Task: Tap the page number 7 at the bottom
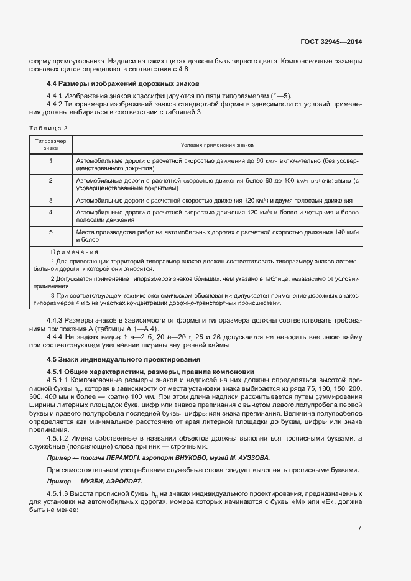pyautogui.click(x=359, y=528)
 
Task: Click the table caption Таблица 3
pyautogui.click(x=48, y=128)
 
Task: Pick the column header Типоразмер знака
pyautogui.click(x=50, y=145)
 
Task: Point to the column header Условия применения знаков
pyautogui.click(x=217, y=145)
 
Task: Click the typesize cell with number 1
pyautogui.click(x=50, y=160)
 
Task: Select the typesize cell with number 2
pyautogui.click(x=50, y=180)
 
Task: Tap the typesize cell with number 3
pyautogui.click(x=50, y=200)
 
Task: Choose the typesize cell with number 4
pyautogui.click(x=50, y=212)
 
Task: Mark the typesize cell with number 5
pyautogui.click(x=50, y=231)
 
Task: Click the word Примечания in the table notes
pyautogui.click(x=75, y=252)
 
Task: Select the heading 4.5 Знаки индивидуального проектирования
pyautogui.click(x=124, y=359)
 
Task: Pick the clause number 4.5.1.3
pyautogui.click(x=59, y=493)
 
